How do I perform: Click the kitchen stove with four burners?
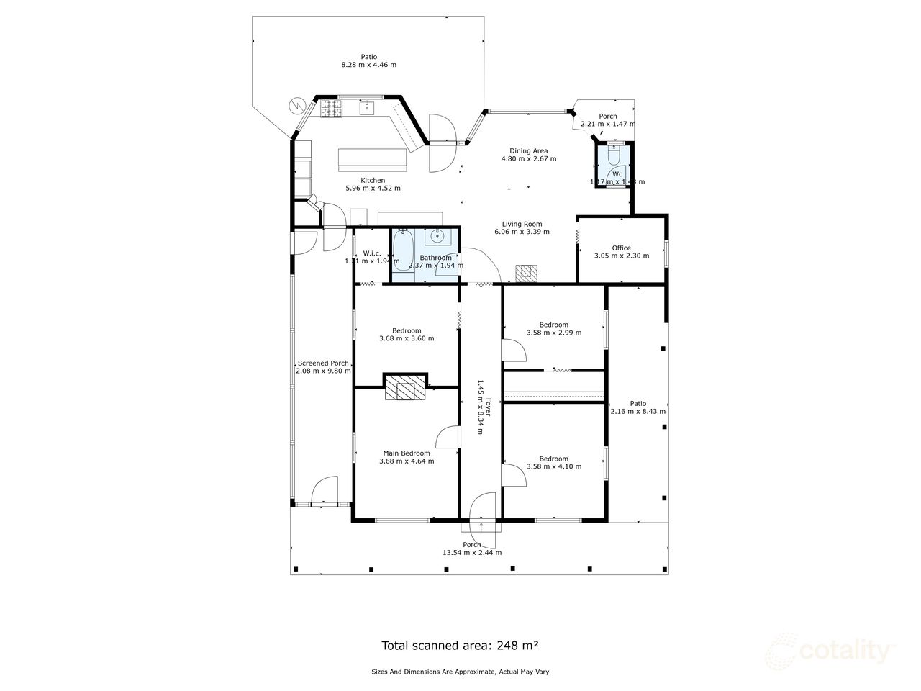pos(331,108)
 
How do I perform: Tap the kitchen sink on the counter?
pos(366,108)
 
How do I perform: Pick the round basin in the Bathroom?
pos(437,235)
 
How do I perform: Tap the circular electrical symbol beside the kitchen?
pos(296,106)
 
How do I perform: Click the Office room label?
pos(621,248)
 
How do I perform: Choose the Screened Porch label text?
pos(323,363)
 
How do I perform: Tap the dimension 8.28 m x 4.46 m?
pos(368,65)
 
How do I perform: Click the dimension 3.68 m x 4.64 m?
pos(407,461)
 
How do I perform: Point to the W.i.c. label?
pos(371,253)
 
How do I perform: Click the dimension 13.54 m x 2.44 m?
pos(471,553)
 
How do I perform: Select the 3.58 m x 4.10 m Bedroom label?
pos(553,459)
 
